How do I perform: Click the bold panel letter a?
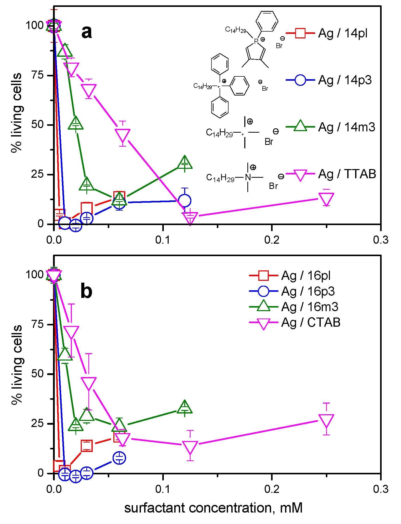click(x=87, y=32)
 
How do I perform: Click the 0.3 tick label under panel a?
click(x=381, y=240)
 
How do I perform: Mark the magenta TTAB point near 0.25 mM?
click(x=326, y=199)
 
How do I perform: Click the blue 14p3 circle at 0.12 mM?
click(x=184, y=201)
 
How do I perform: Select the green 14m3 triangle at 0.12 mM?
click(x=184, y=163)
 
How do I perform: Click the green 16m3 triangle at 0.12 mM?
click(x=184, y=407)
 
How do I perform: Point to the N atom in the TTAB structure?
click(x=248, y=177)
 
